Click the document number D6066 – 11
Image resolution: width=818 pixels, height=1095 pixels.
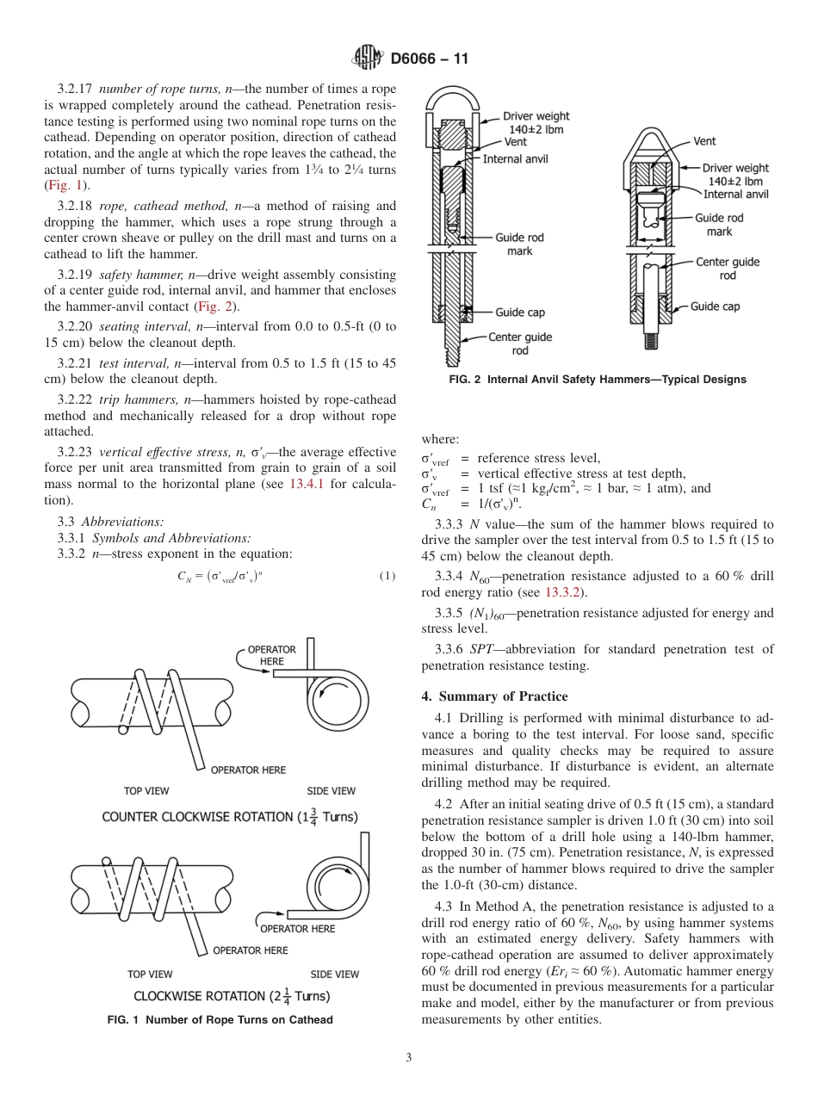(428, 59)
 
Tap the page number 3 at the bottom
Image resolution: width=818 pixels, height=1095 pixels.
(409, 1058)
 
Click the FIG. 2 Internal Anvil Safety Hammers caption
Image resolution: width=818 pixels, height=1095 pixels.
(585, 380)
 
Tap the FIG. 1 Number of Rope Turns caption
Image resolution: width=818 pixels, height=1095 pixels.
(219, 1020)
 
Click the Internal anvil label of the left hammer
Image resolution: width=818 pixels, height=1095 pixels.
(515, 159)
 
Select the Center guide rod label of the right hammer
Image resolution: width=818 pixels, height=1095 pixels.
(728, 269)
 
